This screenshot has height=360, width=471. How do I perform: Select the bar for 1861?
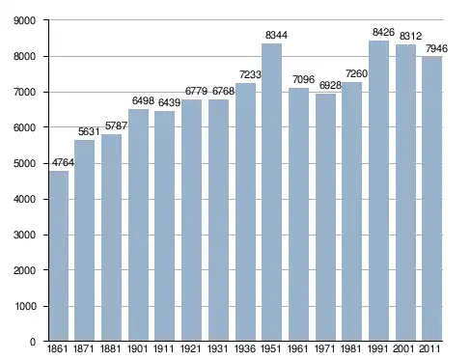[x=59, y=256]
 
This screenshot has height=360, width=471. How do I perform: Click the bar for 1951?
[x=271, y=192]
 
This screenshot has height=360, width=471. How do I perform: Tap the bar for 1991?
[x=378, y=191]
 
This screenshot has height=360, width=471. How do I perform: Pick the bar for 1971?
[x=325, y=217]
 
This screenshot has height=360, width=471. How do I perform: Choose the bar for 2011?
[x=431, y=199]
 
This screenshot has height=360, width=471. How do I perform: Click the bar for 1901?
[x=138, y=225]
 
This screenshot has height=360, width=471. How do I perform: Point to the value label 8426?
[x=383, y=32]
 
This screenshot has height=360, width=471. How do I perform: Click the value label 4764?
[x=63, y=162]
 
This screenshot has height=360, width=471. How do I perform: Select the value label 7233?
[x=250, y=74]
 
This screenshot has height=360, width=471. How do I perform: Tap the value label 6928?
[x=330, y=85]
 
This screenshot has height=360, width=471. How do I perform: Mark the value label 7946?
[x=436, y=48]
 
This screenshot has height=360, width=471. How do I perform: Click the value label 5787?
[x=116, y=125]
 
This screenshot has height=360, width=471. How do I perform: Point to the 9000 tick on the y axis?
[x=24, y=20]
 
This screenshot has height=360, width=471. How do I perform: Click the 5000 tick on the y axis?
[x=24, y=163]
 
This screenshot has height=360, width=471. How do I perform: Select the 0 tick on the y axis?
[x=33, y=342]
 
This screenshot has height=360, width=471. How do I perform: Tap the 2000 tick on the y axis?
[x=24, y=270]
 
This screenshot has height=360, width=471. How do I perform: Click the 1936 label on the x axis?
[x=245, y=348]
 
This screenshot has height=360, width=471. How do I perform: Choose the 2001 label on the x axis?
[x=405, y=348]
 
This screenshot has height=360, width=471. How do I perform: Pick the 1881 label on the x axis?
[x=111, y=348]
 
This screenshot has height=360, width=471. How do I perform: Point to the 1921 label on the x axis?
[x=191, y=348]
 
